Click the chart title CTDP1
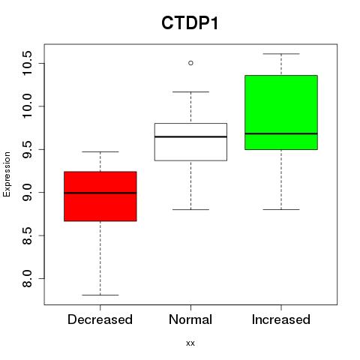tap(190, 23)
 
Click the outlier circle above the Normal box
tap(190, 63)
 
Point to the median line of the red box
tap(100, 193)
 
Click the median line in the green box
tap(281, 133)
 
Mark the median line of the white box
tap(190, 136)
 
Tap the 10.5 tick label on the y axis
tap(27, 63)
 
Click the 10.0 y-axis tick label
tap(27, 106)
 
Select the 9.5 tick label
tap(27, 149)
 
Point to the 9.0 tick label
tap(27, 193)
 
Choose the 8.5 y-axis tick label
tap(27, 235)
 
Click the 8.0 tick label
tap(27, 278)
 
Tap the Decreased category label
tap(100, 319)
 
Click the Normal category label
tap(190, 319)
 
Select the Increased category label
tap(281, 319)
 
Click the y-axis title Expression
tap(7, 174)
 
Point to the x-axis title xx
tap(190, 343)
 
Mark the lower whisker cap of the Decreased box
tap(100, 295)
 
